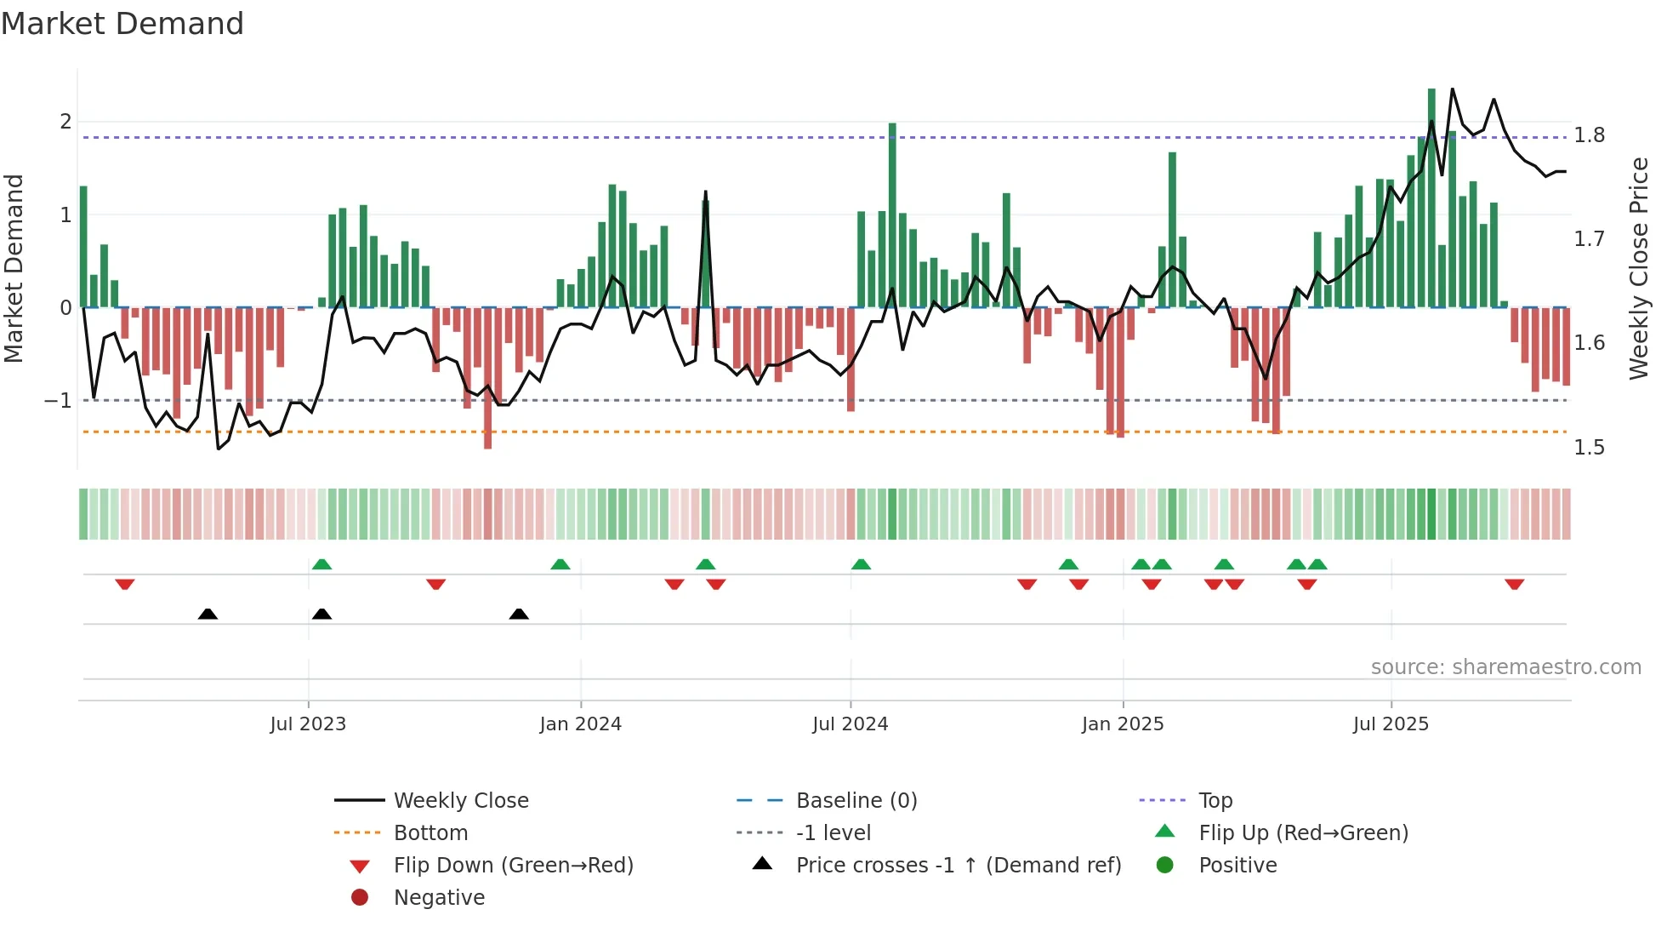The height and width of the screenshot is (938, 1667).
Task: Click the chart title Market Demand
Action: pos(122,24)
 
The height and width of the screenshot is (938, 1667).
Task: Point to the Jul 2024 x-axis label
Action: pos(850,724)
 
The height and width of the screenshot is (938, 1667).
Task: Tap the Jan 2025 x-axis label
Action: pos(1122,724)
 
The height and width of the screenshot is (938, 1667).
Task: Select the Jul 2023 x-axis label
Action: pos(308,724)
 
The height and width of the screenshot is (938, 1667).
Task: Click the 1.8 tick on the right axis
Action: pos(1589,135)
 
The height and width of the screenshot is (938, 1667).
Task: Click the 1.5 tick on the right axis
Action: pos(1589,448)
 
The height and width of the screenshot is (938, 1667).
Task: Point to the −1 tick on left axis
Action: pos(58,400)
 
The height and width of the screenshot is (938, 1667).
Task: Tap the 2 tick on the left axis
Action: pos(65,121)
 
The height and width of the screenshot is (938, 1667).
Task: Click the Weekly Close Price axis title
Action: pos(1638,268)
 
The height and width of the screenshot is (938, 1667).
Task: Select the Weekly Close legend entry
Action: pos(460,801)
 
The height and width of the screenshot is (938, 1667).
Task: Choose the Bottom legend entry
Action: pos(430,833)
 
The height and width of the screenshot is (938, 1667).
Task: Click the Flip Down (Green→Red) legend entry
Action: pos(513,866)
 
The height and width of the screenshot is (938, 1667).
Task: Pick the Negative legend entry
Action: pos(439,898)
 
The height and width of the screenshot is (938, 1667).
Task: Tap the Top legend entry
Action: pos(1215,801)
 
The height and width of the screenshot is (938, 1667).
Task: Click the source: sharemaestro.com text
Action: pos(1505,667)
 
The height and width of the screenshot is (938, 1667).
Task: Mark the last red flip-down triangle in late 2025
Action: pos(1514,585)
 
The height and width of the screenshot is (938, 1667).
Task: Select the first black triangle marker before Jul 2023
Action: pos(208,614)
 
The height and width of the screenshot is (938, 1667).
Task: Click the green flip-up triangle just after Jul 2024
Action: pos(861,564)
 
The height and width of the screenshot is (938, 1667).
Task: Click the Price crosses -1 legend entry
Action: pos(958,866)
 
